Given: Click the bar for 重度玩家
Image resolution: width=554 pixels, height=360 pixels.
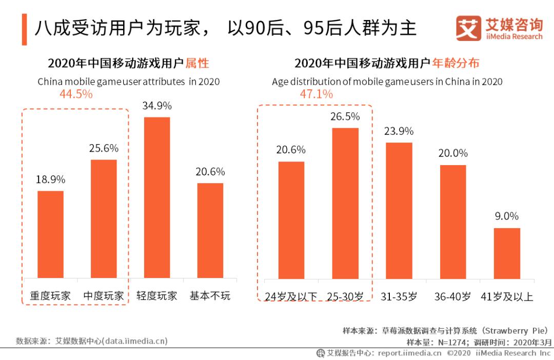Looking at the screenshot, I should (x=50, y=234).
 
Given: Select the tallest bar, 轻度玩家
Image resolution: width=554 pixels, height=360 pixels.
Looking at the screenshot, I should (x=156, y=197).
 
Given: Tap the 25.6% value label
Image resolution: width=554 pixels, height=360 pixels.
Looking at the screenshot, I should (x=104, y=148).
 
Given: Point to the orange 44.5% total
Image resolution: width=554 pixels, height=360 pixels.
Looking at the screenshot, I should (x=76, y=94).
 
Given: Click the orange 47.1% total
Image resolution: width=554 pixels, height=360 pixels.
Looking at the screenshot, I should (x=316, y=94).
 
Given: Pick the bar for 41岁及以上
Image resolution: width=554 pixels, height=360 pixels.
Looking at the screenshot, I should (x=507, y=253).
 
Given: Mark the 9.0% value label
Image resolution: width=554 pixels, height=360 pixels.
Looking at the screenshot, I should (x=507, y=216).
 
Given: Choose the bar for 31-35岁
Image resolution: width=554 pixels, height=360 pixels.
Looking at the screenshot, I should (x=399, y=210).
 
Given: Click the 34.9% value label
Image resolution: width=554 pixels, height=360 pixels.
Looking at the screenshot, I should (x=157, y=106).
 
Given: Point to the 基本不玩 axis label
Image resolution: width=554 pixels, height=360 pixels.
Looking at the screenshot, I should (x=210, y=296).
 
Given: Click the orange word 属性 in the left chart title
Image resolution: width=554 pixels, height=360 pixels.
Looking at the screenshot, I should (x=197, y=64).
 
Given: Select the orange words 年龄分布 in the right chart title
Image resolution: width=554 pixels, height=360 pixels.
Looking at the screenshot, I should (x=456, y=64).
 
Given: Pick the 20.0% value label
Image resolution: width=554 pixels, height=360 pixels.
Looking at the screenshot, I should (x=453, y=153).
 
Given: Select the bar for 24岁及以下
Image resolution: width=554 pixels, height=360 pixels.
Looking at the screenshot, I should (x=291, y=220).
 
